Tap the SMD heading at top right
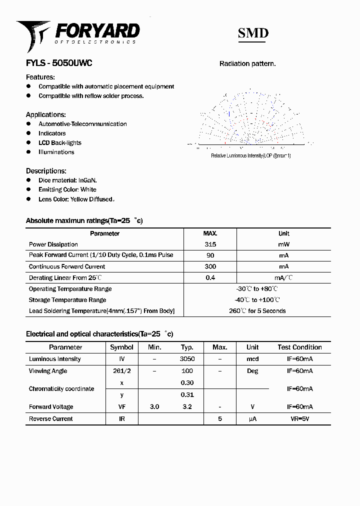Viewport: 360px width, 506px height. (253, 33)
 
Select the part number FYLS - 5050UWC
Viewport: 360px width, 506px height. (59, 63)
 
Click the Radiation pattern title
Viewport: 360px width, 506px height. (247, 64)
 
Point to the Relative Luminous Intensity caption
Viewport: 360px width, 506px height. (250, 156)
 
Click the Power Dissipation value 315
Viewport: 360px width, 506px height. (210, 244)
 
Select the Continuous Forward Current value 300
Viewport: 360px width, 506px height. (210, 266)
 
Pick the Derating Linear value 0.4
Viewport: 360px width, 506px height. (210, 277)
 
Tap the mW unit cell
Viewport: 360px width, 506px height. (283, 244)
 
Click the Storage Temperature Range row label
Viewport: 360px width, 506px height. (67, 300)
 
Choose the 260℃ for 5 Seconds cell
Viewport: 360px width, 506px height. (257, 311)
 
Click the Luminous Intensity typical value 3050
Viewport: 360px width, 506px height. (187, 359)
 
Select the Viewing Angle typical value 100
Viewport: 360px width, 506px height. (187, 371)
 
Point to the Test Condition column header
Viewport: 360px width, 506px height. (299, 347)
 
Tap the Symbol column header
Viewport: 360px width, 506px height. (121, 347)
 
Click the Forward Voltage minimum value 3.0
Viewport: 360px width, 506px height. (154, 407)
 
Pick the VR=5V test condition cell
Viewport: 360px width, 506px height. (299, 419)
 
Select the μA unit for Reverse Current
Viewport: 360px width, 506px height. (252, 419)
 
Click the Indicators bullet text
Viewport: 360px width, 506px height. (52, 133)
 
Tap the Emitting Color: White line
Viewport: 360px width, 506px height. (67, 189)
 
